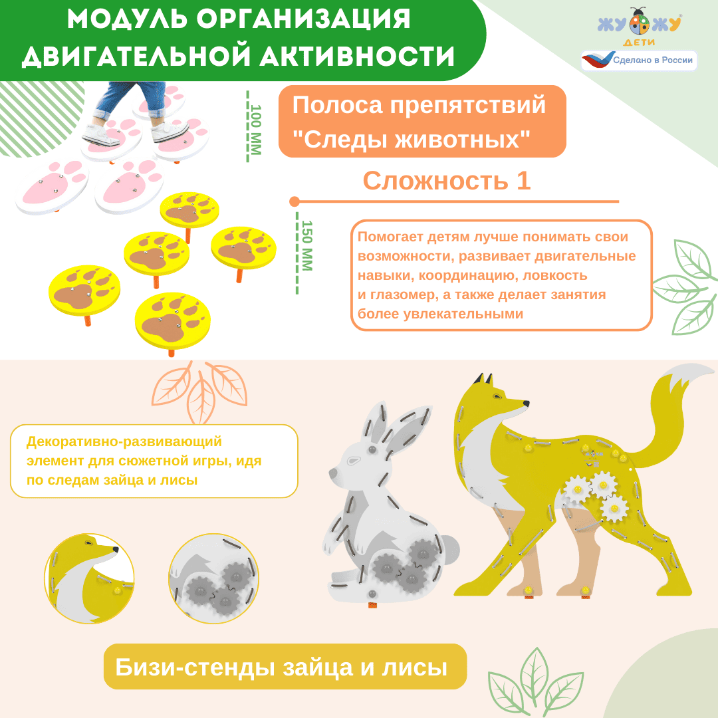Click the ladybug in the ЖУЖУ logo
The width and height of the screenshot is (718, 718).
tap(640, 22)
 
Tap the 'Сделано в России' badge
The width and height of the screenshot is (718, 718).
tap(640, 60)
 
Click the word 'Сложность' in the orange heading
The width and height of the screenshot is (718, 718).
tap(435, 180)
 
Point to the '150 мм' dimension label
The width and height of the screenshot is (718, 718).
tap(306, 246)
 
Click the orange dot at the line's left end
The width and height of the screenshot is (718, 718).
tap(295, 201)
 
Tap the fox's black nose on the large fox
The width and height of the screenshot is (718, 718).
tap(527, 404)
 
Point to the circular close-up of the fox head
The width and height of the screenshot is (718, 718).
tap(89, 578)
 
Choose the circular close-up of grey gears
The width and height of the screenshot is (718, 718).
tap(213, 578)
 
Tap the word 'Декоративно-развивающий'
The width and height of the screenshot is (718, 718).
tap(124, 441)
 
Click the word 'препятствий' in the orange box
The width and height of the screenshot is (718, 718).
tap(467, 106)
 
